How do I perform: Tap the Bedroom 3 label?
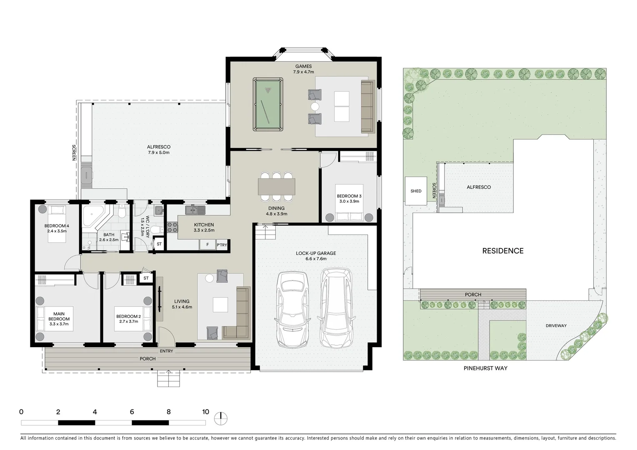tap(349, 198)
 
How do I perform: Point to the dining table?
tap(277, 186)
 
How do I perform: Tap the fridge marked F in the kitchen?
tap(207, 245)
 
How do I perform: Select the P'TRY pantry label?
tap(222, 245)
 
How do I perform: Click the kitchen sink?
tap(195, 210)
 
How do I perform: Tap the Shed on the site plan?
tap(416, 191)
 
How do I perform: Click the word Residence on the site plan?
tap(502, 251)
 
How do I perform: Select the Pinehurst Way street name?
tap(485, 368)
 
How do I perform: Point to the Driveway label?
tap(556, 326)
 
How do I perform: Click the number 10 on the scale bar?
tap(205, 412)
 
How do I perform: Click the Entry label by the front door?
tap(166, 351)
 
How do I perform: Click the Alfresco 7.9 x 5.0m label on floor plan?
tap(159, 150)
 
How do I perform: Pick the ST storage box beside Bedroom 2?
tap(146, 278)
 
